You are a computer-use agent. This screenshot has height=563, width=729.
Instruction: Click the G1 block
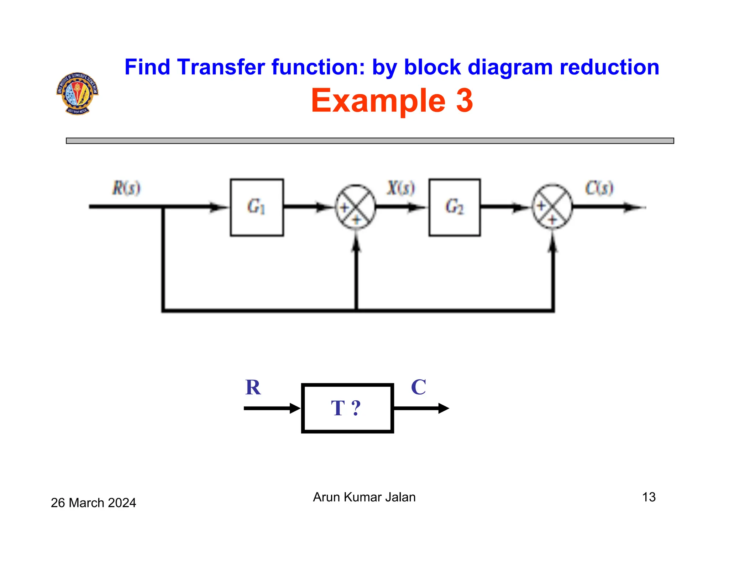(257, 207)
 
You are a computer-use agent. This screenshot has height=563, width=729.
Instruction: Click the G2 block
(454, 207)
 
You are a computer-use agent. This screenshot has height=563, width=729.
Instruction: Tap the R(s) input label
(126, 188)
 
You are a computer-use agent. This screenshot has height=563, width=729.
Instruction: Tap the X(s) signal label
(401, 188)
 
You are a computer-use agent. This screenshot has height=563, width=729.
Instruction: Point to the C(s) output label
(599, 188)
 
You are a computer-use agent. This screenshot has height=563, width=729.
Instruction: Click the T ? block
(347, 408)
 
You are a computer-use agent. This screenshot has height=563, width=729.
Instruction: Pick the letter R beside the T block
(253, 387)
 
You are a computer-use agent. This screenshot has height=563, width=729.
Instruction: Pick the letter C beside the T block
(418, 387)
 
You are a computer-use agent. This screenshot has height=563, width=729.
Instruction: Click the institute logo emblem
(77, 93)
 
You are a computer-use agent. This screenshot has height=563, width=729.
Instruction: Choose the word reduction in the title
(609, 67)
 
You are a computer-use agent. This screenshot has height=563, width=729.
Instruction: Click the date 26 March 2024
(93, 503)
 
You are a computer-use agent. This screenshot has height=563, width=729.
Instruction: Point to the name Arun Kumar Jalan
(364, 497)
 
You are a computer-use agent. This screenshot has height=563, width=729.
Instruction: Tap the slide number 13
(649, 497)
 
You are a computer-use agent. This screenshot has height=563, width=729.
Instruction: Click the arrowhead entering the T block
(295, 408)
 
